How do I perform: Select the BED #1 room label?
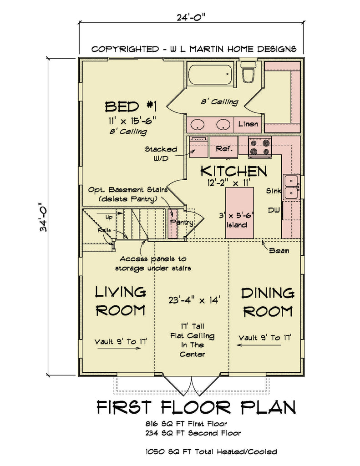point(131,107)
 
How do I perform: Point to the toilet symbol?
point(248,73)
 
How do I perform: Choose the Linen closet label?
point(248,124)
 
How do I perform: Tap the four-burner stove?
point(260,147)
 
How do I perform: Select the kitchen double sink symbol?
point(291,187)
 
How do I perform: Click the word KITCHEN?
point(233,171)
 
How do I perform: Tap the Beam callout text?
point(278,250)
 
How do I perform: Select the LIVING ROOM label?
point(120,300)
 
